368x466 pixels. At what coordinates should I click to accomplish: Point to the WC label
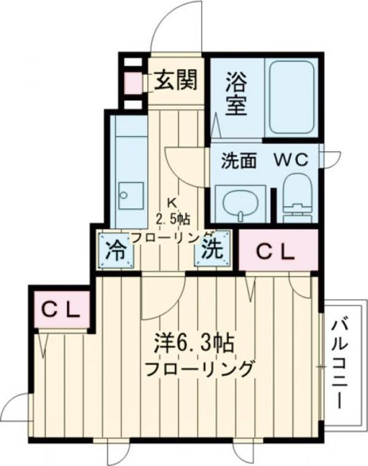click(293, 159)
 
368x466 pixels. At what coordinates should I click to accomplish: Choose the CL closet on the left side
click(60, 309)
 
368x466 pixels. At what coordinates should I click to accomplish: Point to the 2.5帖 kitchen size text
click(173, 218)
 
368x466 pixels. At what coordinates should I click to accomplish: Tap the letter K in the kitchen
click(173, 202)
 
